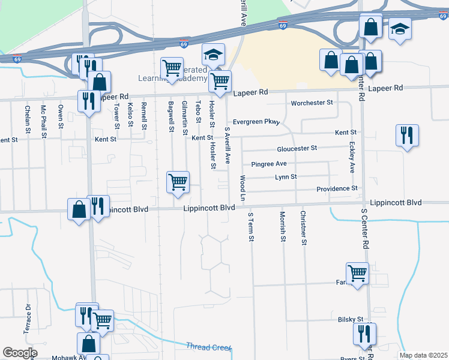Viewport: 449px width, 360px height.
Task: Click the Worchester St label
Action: (312, 103)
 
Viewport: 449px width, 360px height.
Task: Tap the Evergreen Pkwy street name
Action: (256, 122)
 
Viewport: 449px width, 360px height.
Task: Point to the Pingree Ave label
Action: (269, 164)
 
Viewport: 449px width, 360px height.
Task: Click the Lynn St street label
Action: (286, 177)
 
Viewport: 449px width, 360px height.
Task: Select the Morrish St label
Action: (282, 226)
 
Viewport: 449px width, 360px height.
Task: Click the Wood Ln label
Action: (243, 188)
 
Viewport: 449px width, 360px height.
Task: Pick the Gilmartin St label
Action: (185, 118)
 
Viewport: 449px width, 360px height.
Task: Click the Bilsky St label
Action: (351, 320)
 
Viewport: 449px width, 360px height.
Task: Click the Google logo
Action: (20, 353)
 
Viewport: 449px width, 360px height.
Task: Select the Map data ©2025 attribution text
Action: (423, 355)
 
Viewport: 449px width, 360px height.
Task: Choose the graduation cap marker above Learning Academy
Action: (213, 55)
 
